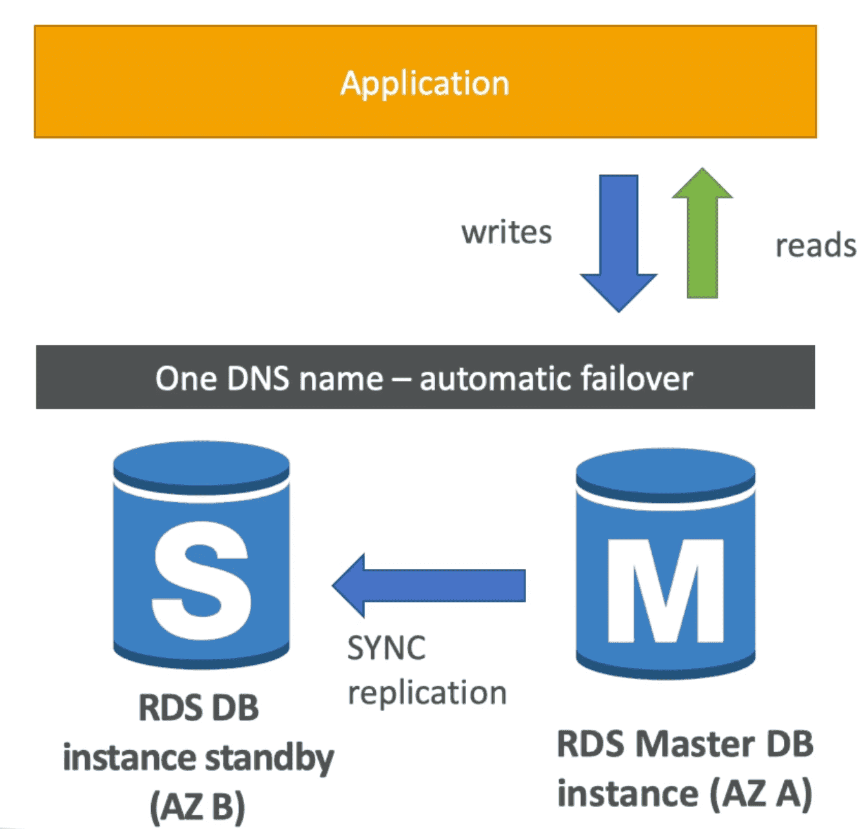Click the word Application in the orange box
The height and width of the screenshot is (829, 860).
click(425, 84)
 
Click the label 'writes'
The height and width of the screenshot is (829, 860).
click(507, 232)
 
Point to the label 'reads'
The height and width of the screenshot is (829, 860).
click(815, 246)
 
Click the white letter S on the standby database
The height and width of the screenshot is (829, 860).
click(201, 579)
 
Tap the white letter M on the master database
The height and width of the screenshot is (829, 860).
click(666, 590)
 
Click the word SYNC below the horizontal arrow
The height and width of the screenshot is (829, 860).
click(386, 648)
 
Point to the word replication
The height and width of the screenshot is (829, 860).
click(427, 693)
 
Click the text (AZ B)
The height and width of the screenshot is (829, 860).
click(198, 806)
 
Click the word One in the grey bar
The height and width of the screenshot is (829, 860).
click(185, 378)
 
